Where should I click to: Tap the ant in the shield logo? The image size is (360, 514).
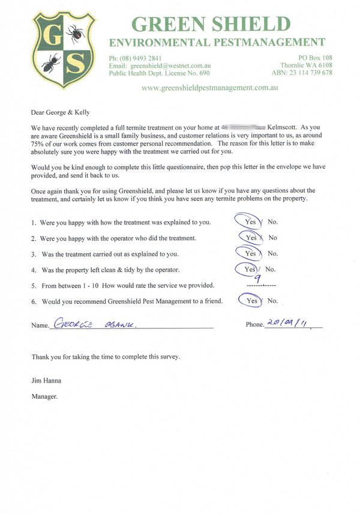pos(50,61)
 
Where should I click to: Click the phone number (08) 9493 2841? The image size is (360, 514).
pos(139,58)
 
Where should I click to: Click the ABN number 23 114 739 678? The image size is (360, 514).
pos(310,73)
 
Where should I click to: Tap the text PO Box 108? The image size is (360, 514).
pos(315,58)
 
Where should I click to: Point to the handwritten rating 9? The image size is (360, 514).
pos(256,278)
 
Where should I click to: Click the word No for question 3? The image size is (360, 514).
pos(272,253)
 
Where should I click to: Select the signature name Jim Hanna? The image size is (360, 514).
pos(47,381)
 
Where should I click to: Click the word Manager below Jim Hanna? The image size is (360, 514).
pos(44,396)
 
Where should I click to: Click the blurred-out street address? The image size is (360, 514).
pos(243,128)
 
